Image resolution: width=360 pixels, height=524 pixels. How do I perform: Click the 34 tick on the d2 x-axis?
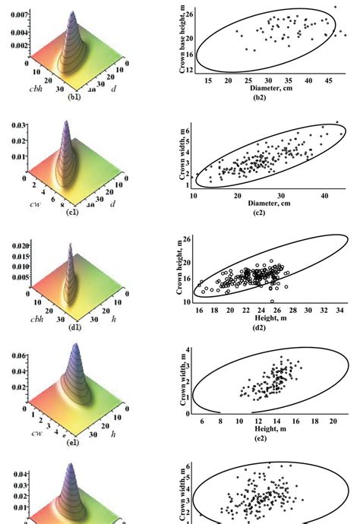(x=340, y=311)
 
